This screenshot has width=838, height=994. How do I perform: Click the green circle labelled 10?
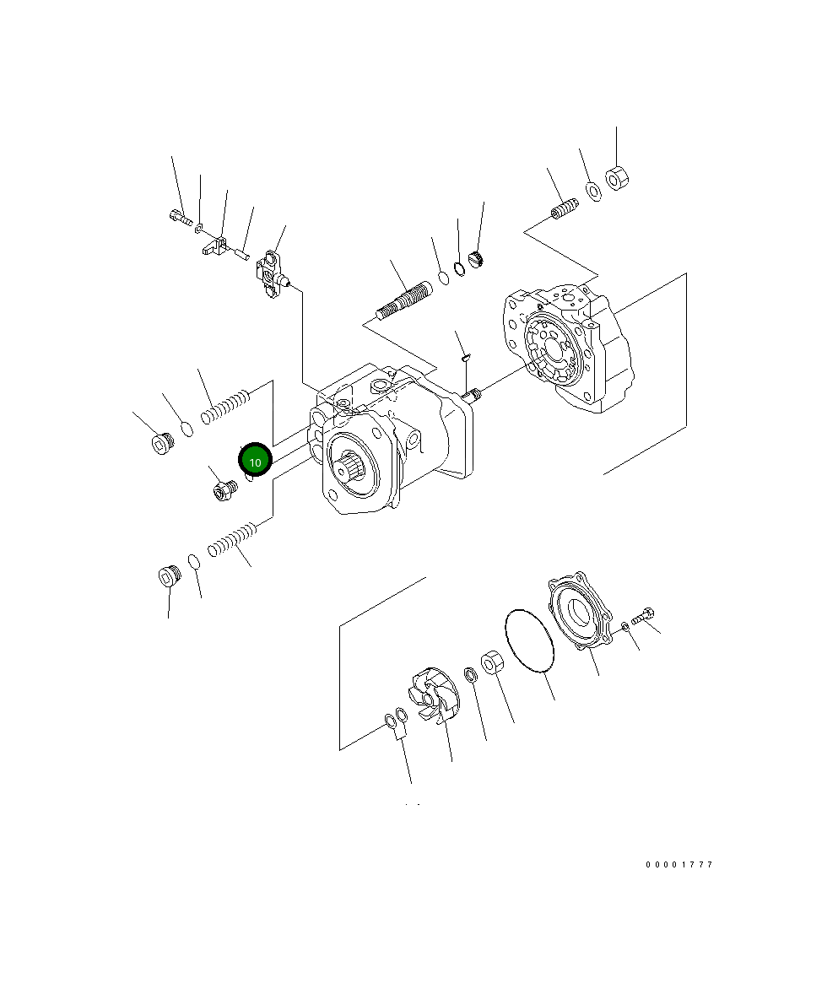[255, 461]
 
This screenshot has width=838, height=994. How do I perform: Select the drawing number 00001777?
[679, 865]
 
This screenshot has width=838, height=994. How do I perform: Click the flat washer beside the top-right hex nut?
[593, 191]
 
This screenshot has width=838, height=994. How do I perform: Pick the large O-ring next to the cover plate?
[529, 641]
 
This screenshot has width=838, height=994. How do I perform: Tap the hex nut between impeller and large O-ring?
[492, 662]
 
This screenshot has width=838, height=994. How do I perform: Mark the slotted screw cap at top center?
[474, 262]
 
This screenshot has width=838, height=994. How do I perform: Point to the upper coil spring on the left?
[226, 404]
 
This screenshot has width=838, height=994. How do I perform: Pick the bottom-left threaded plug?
[170, 578]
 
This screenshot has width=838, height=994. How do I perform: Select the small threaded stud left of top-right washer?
[564, 208]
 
